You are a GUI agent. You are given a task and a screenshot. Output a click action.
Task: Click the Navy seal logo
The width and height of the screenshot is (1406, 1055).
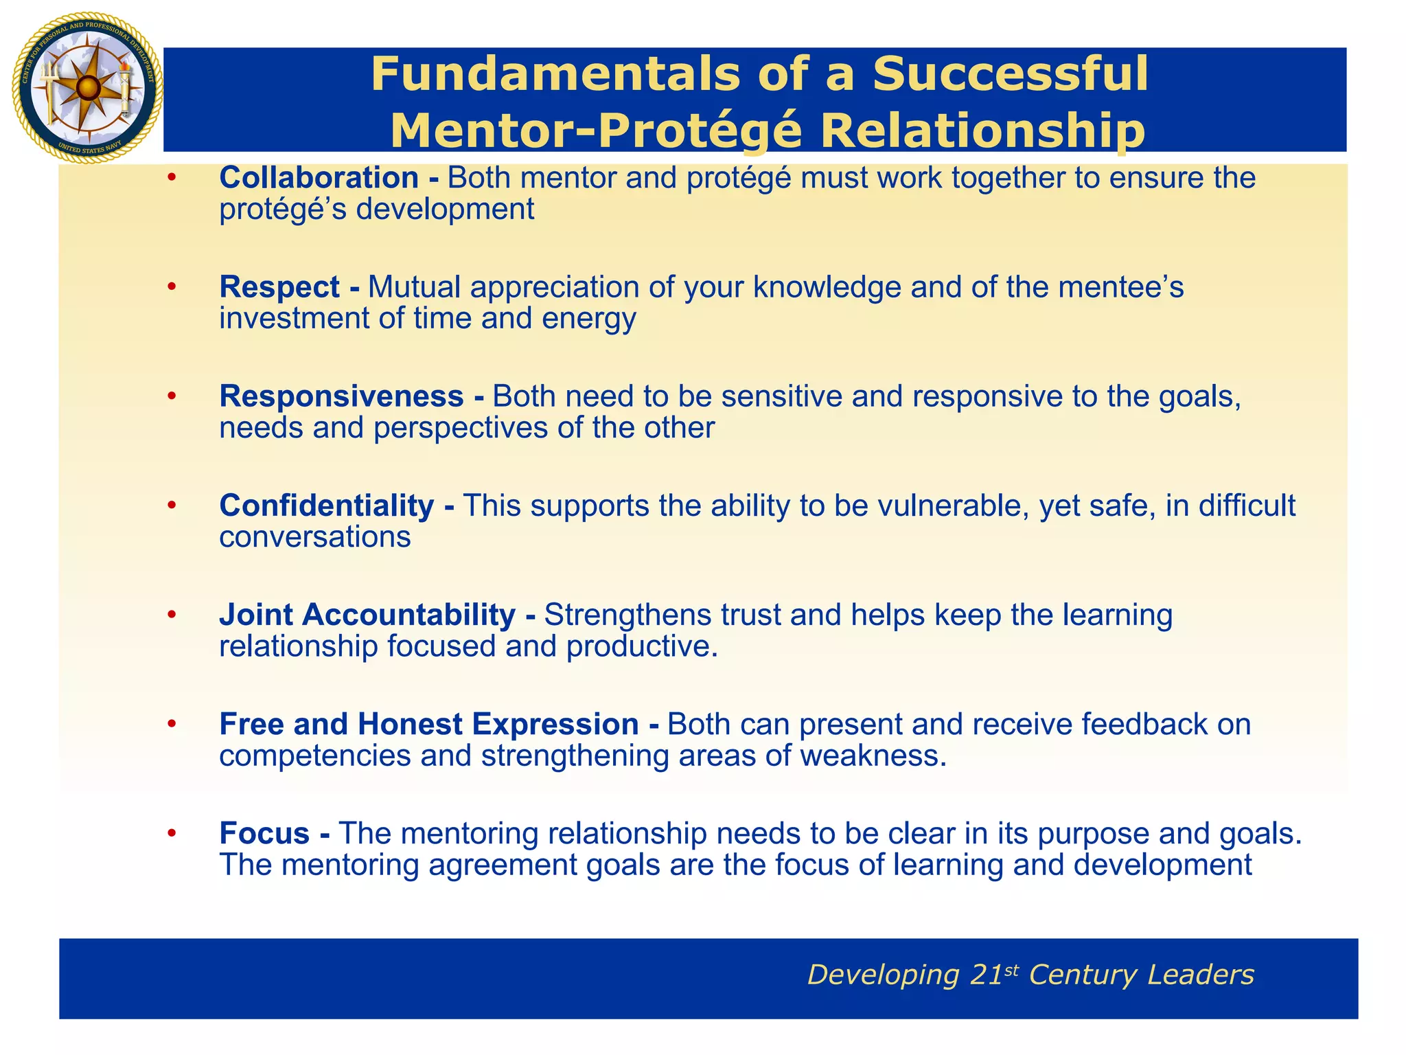[87, 88]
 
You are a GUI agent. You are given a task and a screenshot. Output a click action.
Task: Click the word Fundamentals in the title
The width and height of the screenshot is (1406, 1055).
[553, 73]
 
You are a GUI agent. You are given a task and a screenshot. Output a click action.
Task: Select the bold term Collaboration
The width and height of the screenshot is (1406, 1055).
[319, 178]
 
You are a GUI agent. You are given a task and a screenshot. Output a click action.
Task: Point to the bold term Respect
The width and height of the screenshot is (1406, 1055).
[279, 287]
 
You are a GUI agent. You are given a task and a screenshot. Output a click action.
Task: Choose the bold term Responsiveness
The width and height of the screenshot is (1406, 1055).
[341, 396]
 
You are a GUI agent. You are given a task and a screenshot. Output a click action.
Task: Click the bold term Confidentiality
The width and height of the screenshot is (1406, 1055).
[326, 506]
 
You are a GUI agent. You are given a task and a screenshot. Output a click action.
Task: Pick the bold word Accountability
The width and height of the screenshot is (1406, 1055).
[408, 615]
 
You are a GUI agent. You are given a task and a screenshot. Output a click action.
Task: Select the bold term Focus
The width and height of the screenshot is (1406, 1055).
[264, 833]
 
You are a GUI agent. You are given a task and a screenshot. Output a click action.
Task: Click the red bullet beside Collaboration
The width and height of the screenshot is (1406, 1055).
[172, 178]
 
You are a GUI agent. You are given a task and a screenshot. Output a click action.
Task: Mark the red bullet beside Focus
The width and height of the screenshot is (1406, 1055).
[172, 833]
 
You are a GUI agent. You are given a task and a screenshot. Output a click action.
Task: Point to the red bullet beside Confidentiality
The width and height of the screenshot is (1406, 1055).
[172, 506]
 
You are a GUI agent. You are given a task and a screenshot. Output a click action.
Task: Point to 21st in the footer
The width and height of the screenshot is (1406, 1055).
[994, 975]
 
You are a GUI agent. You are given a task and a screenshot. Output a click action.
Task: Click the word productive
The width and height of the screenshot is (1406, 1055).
[642, 646]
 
